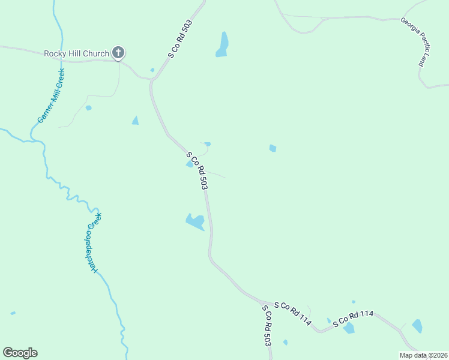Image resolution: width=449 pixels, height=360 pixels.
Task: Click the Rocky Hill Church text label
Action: click(76, 53)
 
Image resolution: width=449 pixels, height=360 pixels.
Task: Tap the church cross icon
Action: click(118, 53)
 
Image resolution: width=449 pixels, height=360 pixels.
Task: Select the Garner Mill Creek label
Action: click(51, 95)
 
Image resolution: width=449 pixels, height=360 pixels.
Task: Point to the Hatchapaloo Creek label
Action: click(94, 243)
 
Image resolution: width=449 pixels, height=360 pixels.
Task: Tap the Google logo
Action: click(20, 353)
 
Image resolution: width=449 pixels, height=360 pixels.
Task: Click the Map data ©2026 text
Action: click(424, 355)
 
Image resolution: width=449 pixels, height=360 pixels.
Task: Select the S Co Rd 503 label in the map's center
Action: click(197, 170)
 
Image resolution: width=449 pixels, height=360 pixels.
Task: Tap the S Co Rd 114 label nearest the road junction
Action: click(292, 314)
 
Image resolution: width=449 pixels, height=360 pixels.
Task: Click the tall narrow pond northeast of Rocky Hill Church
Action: click(223, 44)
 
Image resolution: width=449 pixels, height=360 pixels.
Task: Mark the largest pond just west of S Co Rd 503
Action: click(196, 221)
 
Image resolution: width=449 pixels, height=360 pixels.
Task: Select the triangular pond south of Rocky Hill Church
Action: click(135, 121)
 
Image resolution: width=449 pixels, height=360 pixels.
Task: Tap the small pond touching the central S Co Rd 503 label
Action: click(190, 164)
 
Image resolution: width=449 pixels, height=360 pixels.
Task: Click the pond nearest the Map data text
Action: click(417, 326)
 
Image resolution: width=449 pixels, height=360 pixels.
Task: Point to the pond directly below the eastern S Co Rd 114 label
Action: click(349, 328)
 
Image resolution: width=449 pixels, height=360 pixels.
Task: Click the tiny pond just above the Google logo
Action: click(13, 313)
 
